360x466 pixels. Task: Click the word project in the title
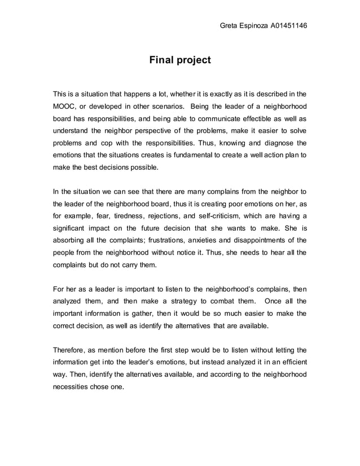(x=195, y=60)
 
